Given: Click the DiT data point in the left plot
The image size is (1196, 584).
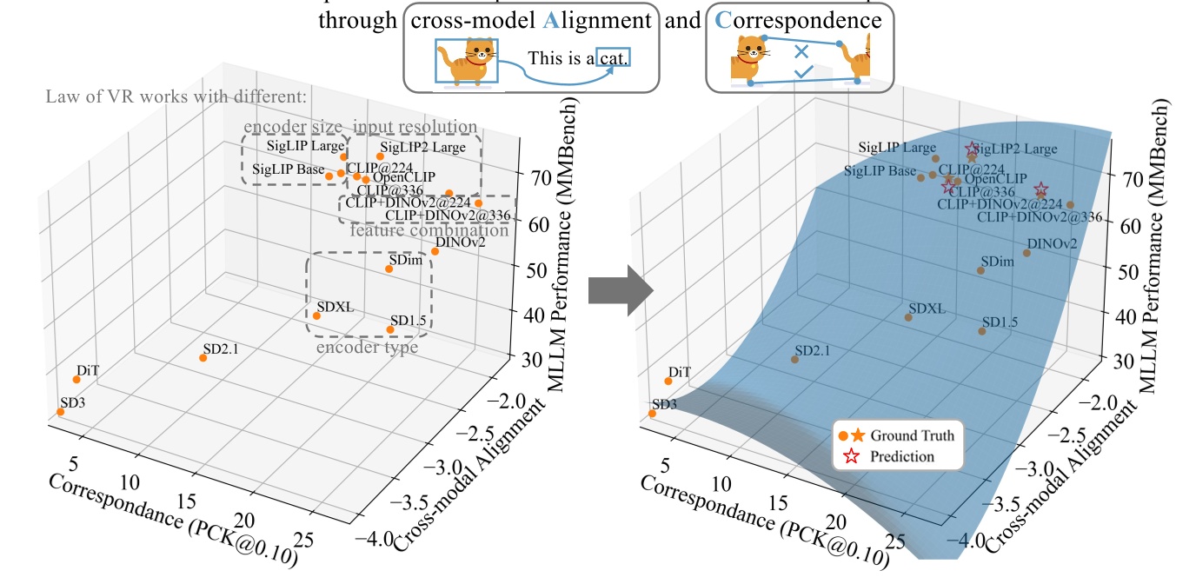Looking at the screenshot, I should (76, 379).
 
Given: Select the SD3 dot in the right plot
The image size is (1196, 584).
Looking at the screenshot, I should (652, 413).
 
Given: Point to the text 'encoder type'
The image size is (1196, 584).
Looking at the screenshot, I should (367, 347).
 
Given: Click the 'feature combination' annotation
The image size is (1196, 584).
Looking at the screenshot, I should (429, 230).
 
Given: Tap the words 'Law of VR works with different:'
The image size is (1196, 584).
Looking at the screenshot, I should (176, 96).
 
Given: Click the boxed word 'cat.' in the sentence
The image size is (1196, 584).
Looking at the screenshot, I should (612, 58).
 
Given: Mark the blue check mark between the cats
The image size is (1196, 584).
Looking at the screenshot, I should (803, 71).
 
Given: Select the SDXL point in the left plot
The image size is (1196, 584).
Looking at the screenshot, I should (317, 315).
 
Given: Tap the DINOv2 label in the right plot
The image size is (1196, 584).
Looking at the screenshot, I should (1052, 243).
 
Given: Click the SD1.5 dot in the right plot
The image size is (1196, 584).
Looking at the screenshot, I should (982, 330).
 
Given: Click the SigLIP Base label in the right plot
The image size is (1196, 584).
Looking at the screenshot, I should (880, 171).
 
